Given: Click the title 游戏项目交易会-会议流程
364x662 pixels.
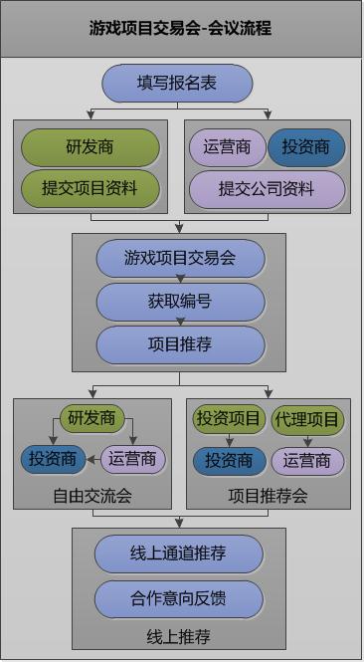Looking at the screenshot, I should pos(180,28).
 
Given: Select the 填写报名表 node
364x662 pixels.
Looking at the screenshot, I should pos(177,84).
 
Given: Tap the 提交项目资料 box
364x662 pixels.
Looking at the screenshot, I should pos(90,188).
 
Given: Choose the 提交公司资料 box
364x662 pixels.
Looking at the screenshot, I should pos(267,188).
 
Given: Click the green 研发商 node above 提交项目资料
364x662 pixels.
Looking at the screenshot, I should pos(90,147).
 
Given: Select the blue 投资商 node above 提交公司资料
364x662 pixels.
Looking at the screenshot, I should pos(306,147).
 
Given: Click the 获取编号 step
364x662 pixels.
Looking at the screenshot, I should pos(180,302).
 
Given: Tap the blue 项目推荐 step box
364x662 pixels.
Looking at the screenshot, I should pos(180,344).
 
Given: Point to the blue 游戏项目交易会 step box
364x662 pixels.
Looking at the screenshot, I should pos(180,259).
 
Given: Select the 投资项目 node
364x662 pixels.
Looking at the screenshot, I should pos(229,419).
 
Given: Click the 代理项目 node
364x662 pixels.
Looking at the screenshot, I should pos(307,419).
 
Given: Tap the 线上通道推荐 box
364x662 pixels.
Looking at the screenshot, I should pos(179,554).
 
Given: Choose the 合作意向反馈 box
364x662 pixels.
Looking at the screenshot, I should pos(179,598).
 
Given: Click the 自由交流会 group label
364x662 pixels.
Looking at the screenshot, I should pos(91,495).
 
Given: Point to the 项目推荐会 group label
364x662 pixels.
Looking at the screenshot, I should pos(268,495).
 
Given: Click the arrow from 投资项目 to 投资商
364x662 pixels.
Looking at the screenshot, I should pos(229,440).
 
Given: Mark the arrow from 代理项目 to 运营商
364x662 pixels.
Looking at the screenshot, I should pos(307,440).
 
